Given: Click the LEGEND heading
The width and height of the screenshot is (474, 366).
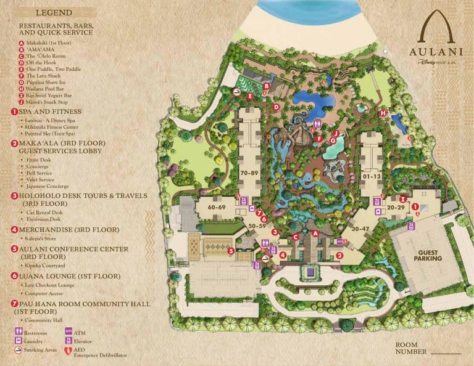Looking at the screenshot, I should pos(54,12).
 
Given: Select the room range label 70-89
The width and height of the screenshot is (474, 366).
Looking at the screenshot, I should pos(250,173).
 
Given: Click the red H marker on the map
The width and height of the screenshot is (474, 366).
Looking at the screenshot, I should pos(383,113).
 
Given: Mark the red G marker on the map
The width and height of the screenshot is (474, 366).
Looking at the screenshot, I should pos(333,140).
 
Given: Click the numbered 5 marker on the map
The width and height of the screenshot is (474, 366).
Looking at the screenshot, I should pos(230,251).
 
